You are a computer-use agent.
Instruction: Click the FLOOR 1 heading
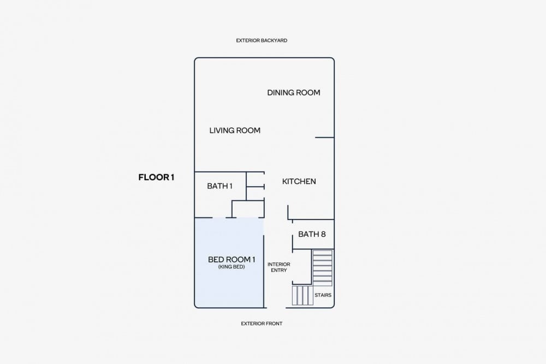pyautogui.click(x=156, y=177)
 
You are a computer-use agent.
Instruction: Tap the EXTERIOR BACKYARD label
pyautogui.click(x=262, y=40)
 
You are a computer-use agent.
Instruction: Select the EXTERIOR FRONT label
pyautogui.click(x=262, y=323)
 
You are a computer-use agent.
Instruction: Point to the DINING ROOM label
pyautogui.click(x=294, y=93)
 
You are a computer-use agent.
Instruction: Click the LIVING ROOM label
pyautogui.click(x=235, y=130)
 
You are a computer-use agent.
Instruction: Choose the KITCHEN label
pyautogui.click(x=299, y=181)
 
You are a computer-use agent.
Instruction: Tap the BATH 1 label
pyautogui.click(x=219, y=186)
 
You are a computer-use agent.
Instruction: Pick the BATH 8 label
pyautogui.click(x=312, y=234)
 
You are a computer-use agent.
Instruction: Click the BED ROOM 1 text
pyautogui.click(x=232, y=259)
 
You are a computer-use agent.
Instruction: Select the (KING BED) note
pyautogui.click(x=232, y=267)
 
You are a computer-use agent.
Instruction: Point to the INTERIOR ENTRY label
pyautogui.click(x=278, y=267)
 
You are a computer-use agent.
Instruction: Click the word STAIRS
pyautogui.click(x=323, y=295)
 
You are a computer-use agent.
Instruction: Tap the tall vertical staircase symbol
pyautogui.click(x=322, y=267)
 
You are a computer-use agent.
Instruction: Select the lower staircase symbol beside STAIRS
pyautogui.click(x=302, y=295)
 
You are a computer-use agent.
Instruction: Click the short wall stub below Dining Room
pyautogui.click(x=324, y=138)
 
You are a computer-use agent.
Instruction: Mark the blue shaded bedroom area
pyautogui.click(x=228, y=262)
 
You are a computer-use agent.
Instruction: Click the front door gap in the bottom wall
pyautogui.click(x=276, y=308)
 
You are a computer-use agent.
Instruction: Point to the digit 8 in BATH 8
pyautogui.click(x=323, y=234)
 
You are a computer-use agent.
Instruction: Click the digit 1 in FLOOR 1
pyautogui.click(x=172, y=177)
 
